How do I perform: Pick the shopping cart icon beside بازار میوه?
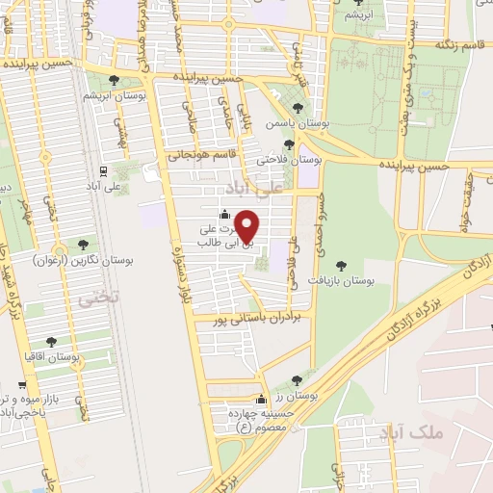point(21,385)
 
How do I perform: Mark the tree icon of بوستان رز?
point(308,379)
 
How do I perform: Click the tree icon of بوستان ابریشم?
point(115,81)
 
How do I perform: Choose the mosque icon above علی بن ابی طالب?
point(224,214)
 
